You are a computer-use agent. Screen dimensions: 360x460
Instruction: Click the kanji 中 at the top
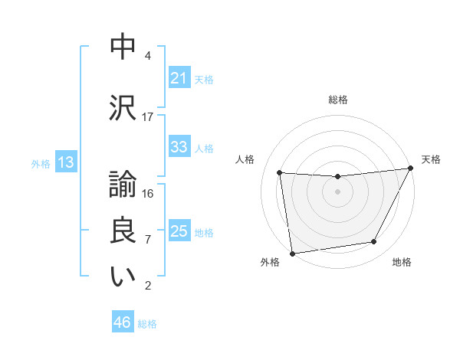point(123,47)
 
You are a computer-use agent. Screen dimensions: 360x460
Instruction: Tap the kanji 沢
point(123,108)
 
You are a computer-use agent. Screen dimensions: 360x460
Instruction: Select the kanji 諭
point(123,184)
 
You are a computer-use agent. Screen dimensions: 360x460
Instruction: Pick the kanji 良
point(123,230)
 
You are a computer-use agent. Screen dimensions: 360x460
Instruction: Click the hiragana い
point(123,277)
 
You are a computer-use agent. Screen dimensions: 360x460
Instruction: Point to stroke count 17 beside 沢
point(148,117)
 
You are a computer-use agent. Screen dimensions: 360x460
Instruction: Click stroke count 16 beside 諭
point(148,194)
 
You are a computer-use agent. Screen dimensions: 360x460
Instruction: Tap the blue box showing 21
point(179,78)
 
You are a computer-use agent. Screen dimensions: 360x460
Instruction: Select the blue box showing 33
point(179,147)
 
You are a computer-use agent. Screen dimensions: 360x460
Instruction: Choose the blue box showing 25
point(179,231)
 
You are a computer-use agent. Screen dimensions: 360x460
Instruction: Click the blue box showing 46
point(123,322)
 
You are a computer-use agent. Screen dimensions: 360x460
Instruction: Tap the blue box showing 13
point(64,162)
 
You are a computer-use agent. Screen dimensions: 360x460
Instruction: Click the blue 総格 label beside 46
point(147,324)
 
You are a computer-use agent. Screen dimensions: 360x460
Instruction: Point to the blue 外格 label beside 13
point(41,163)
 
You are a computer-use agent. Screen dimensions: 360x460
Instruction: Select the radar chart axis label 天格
point(431,159)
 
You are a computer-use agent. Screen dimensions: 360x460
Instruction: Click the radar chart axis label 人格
point(245,159)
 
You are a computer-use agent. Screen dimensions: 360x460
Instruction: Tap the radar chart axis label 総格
point(338,100)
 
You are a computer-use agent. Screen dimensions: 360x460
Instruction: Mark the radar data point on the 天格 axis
point(411,169)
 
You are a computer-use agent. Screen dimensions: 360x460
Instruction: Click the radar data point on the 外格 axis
point(292,253)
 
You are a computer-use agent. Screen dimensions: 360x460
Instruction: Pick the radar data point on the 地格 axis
point(374,242)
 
